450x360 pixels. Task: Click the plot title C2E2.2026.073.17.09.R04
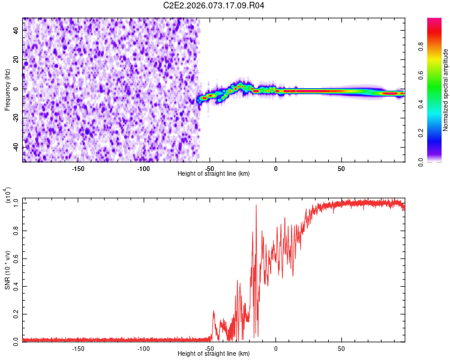point(214,5)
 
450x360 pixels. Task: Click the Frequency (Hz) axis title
point(7,90)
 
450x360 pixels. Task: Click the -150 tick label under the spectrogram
point(77,168)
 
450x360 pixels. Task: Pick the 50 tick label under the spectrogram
point(341,168)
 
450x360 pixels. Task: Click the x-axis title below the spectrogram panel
point(214,174)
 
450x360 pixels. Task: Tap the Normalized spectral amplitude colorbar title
point(445,90)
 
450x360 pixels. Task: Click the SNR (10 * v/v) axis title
point(8,270)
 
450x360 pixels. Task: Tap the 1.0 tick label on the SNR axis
point(17,203)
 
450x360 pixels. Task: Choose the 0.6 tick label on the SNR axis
point(17,258)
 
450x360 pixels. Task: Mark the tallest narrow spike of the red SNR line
point(256,205)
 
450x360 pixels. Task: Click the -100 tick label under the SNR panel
point(143,348)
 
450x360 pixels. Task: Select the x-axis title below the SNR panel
point(214,354)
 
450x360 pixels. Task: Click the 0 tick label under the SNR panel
point(275,348)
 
